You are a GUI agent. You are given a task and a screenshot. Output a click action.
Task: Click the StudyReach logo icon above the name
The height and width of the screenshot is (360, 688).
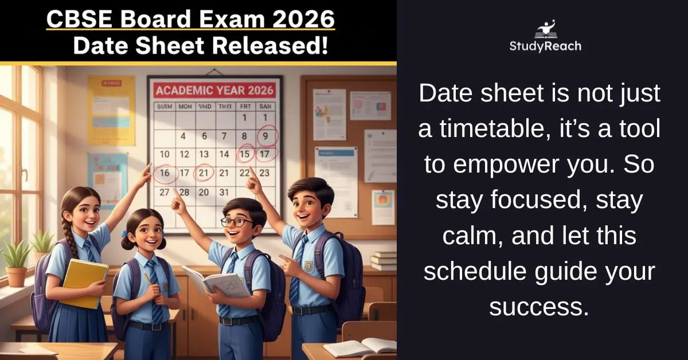click(x=545, y=29)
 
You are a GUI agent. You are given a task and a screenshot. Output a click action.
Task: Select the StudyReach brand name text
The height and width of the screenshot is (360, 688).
click(x=545, y=46)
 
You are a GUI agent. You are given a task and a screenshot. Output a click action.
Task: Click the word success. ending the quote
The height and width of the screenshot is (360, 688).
click(x=539, y=307)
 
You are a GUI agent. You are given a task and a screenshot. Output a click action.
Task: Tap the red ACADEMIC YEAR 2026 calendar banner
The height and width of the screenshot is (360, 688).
click(x=214, y=90)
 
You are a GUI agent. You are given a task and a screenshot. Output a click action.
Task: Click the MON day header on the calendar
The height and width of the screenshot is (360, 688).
click(x=185, y=107)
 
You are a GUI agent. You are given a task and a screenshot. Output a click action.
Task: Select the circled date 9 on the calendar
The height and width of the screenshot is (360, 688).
click(x=265, y=136)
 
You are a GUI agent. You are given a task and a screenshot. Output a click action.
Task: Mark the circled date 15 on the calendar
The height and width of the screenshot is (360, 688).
click(x=246, y=154)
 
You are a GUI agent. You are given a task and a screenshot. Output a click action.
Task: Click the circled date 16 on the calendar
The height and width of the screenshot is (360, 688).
click(x=165, y=173)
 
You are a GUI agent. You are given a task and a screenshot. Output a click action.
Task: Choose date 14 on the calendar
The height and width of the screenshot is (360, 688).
click(x=224, y=154)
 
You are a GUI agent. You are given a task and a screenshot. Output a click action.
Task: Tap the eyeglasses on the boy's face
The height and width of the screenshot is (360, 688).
click(x=236, y=222)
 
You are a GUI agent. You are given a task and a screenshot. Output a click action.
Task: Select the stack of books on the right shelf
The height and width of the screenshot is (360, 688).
click(x=384, y=261)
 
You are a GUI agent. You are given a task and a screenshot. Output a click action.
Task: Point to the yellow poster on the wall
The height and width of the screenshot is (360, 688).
click(x=111, y=109)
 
